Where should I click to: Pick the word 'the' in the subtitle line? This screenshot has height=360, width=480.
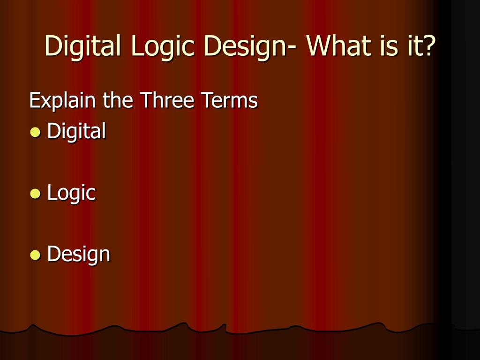[118, 100]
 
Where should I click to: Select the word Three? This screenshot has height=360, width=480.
[166, 100]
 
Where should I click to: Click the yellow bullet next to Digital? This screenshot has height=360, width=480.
[35, 132]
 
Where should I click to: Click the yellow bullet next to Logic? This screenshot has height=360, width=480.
[35, 194]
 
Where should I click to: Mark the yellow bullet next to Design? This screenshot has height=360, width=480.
[35, 255]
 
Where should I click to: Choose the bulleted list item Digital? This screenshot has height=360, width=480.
[76, 131]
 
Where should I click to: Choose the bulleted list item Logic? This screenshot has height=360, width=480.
[71, 193]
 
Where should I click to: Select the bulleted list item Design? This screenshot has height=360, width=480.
[78, 255]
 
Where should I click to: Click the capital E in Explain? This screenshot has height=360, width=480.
[34, 100]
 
